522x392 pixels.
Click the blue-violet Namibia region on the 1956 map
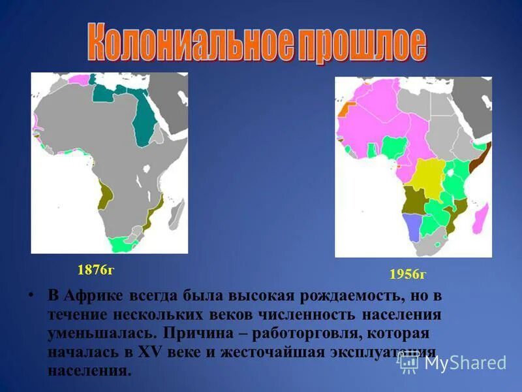[412, 227]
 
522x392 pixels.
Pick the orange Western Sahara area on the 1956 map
[344, 111]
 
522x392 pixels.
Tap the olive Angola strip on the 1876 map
[103, 195]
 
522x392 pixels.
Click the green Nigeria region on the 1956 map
[395, 147]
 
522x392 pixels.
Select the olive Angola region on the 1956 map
[412, 199]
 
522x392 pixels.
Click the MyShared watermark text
[465, 363]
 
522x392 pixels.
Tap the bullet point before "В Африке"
[31, 295]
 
